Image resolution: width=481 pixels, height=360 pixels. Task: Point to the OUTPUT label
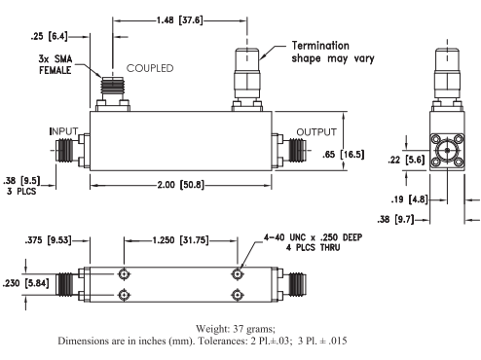315,131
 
